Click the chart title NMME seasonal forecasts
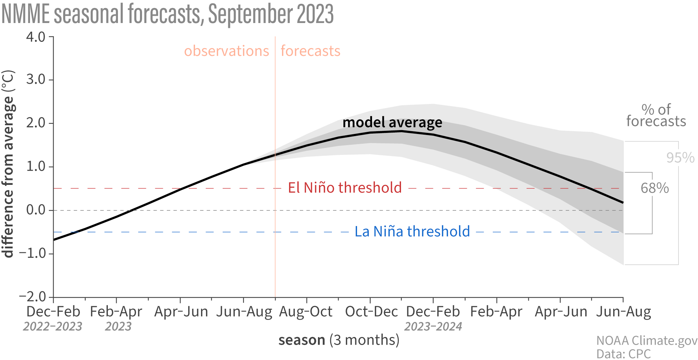point(168,14)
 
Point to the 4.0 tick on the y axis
point(36,37)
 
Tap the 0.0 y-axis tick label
point(36,210)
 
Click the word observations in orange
point(227,51)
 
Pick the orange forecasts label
point(310,51)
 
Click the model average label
point(392,122)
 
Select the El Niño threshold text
point(345,188)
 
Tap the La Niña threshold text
point(412,232)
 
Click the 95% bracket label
point(680,158)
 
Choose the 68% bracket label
point(654,188)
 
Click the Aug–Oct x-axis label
point(306,312)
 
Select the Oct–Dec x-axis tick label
point(371,312)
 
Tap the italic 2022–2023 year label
point(53,327)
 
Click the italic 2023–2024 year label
point(433,327)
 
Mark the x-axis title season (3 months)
point(339,340)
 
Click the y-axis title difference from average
point(8,164)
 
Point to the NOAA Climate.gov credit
point(647,341)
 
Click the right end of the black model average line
point(623,202)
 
